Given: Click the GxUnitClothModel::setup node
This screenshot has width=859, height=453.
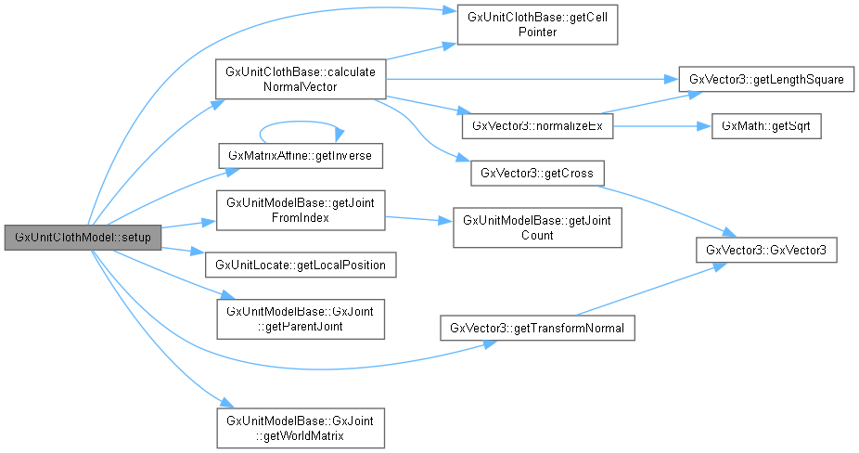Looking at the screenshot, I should coord(83,238).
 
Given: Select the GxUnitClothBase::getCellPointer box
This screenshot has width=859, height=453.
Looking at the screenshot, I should coord(536,25).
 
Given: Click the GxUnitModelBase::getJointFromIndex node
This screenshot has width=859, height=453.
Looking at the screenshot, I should coord(300,211).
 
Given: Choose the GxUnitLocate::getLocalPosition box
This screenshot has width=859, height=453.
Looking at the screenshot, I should coord(301,265).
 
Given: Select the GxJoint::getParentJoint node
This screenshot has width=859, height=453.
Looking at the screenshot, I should coord(300,318).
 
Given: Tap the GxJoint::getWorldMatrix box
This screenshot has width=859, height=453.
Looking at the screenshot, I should coord(300,427).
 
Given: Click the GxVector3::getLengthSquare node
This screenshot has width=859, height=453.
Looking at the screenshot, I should coord(765,80).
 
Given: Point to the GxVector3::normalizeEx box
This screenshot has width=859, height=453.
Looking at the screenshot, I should coord(536,125).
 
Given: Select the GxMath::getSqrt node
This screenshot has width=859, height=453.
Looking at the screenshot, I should coord(765,125).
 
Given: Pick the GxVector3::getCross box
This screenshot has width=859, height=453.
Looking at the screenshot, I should coord(536,173).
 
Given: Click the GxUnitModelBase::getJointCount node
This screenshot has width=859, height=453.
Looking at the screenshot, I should coord(536,228).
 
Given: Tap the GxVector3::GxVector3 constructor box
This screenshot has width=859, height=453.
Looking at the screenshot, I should coord(765,250).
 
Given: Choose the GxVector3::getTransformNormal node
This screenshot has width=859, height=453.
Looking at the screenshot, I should coord(536,328).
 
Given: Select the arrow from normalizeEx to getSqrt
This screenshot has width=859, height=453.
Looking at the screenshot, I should coord(660,125).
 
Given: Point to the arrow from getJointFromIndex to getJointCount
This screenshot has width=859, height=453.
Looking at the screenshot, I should coord(417,220).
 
